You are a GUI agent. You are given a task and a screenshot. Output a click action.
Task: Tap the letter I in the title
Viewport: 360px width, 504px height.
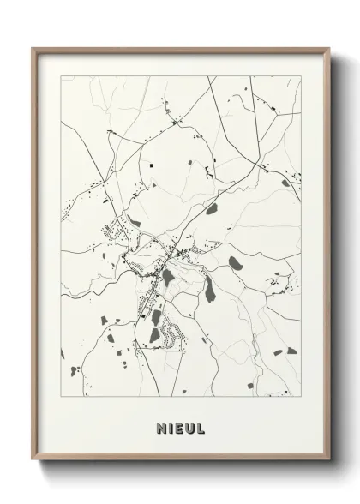tap(170, 425)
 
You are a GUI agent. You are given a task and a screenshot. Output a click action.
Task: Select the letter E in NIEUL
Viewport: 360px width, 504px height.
tap(179, 425)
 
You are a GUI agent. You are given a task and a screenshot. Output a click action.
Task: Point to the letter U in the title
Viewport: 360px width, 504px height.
tap(190, 425)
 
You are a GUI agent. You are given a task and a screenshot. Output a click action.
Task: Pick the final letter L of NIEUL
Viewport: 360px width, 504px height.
tap(201, 425)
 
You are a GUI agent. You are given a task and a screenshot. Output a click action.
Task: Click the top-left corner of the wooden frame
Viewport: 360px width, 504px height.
tap(33, 48)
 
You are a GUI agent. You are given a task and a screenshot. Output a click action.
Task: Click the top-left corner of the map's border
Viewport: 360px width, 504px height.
tap(62, 76)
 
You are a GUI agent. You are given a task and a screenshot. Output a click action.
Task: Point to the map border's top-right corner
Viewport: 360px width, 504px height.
tap(301, 76)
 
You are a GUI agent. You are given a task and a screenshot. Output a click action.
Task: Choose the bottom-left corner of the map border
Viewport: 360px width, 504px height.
tap(62, 398)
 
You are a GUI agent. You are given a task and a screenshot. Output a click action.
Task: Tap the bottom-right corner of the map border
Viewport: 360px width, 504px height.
tap(301, 398)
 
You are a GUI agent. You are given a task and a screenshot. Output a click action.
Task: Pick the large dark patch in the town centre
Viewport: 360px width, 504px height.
tap(169, 277)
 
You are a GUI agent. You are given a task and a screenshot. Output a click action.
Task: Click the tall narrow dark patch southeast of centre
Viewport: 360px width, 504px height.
tap(210, 296)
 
